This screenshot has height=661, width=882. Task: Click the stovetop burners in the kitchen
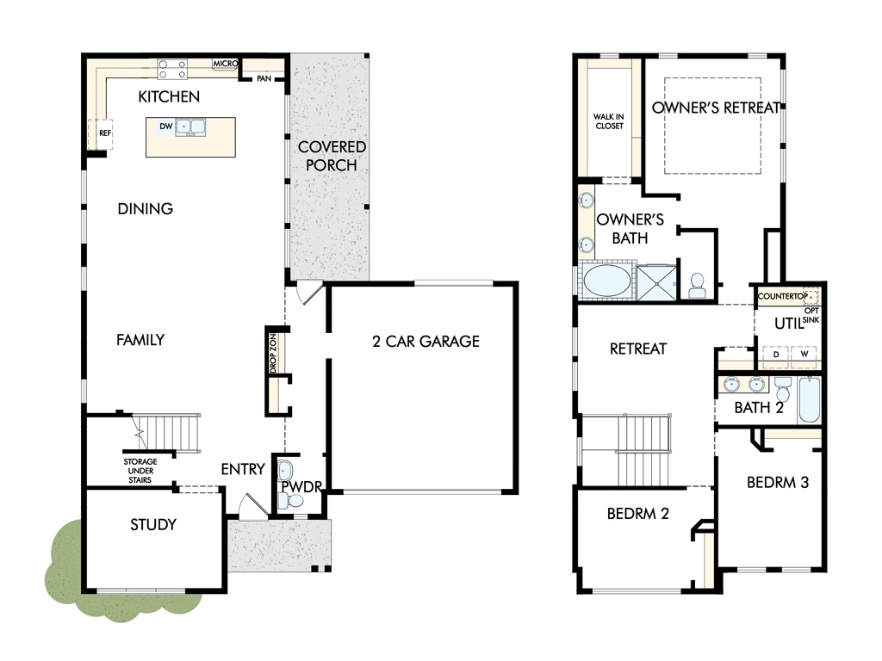pos(172,69)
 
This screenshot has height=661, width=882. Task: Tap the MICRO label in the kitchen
pos(225,64)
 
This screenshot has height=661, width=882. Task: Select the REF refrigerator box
pos(101,133)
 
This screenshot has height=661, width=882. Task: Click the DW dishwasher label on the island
pos(166,127)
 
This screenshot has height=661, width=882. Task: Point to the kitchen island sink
pos(190,127)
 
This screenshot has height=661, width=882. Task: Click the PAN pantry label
pos(264,78)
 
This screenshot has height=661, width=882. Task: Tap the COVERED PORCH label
pos(332,156)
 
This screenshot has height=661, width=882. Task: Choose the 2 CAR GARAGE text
pos(425,341)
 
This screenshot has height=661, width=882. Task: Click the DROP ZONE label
pos(273,354)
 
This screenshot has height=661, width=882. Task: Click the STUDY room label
pos(153,524)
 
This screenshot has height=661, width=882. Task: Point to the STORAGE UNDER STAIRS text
pos(140,471)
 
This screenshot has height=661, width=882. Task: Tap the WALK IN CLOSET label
pos(609,121)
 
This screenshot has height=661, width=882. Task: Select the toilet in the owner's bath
pos(698,286)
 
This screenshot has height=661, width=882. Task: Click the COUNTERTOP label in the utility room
pos(782,296)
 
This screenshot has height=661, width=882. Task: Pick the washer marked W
pos(804,355)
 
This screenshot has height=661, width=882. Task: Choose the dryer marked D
pos(776,355)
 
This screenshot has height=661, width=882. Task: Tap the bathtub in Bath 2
pos(810,399)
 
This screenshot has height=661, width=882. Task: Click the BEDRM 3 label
pos(778,482)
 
